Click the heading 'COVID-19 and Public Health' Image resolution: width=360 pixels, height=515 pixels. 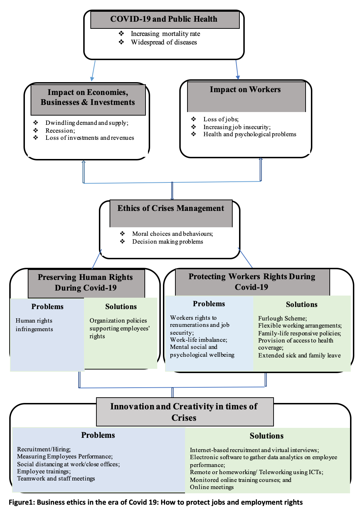(164, 19)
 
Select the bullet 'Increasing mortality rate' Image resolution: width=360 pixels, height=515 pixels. (165, 34)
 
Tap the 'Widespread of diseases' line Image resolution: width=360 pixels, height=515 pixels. (164, 42)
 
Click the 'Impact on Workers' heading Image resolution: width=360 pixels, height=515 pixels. (245, 89)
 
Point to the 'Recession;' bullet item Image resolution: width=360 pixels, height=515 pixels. (60, 131)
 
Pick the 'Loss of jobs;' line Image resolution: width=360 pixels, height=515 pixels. (221, 119)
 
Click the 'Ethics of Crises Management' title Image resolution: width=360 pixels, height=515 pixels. (171, 208)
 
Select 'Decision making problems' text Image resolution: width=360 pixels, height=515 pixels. (168, 241)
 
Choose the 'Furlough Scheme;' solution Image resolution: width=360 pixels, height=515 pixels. (282, 318)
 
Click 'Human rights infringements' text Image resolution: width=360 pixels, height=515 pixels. (34, 325)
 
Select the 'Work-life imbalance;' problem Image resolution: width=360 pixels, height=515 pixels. (198, 340)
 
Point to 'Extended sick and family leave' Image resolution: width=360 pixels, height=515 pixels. (299, 355)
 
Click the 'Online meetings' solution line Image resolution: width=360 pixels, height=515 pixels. (212, 487)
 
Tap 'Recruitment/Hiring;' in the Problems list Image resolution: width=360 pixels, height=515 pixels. (44, 449)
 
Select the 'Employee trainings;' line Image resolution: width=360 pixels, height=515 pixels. (44, 472)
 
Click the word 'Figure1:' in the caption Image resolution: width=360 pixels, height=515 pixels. (22, 502)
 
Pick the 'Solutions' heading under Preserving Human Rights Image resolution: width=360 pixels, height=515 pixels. (121, 307)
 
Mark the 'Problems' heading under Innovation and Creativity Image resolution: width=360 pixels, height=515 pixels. (98, 435)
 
